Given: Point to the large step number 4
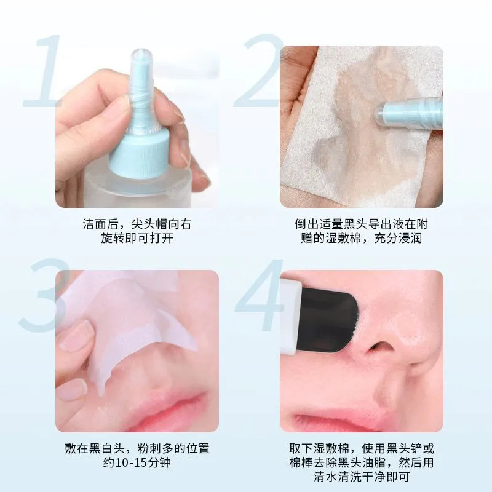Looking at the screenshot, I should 261,295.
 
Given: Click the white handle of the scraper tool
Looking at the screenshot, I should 290,317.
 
